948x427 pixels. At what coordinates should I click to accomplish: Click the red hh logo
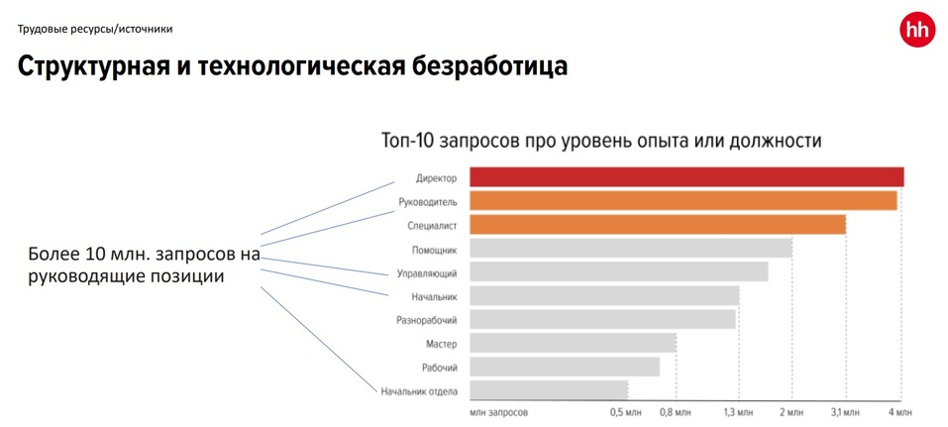pos(916,30)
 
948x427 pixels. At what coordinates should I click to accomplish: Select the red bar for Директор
pos(685,177)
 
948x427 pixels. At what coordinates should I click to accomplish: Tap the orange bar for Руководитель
pos(683,201)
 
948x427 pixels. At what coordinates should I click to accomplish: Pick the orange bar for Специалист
pos(657,225)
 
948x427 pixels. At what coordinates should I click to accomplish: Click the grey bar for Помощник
pos(630,249)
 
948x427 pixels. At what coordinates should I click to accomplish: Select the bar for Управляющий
pos(618,271)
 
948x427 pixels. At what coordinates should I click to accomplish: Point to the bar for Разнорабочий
pos(602,319)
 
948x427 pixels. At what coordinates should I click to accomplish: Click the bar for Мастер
pos(573,343)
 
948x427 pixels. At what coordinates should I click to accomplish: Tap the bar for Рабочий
pos(564,367)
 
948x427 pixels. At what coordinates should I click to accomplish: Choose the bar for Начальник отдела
pos(548,390)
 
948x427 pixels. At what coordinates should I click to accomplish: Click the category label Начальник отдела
pos(419,391)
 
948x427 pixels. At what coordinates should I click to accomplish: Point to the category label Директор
pos(436,178)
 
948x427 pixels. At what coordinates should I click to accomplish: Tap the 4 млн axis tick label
pos(898,411)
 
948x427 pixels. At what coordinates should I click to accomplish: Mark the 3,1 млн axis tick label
pos(844,411)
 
